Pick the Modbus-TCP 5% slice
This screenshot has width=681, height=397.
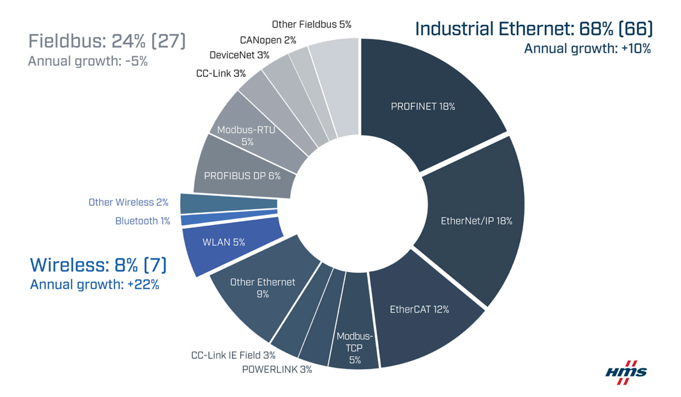tap(355, 348)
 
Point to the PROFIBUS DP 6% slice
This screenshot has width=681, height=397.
tap(241, 175)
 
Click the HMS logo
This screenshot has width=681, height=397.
tap(625, 372)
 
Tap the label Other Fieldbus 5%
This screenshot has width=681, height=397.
tap(311, 24)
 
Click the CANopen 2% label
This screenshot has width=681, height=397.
tap(268, 40)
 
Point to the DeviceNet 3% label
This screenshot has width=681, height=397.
tap(239, 55)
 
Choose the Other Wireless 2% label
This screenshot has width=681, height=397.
tap(128, 202)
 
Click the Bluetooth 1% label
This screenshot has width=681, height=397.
tap(142, 221)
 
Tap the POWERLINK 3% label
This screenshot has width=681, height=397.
tap(277, 370)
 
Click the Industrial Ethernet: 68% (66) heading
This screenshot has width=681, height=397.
tap(533, 29)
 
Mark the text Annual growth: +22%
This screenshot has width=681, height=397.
tap(95, 284)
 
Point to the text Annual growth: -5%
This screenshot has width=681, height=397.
tap(88, 62)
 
